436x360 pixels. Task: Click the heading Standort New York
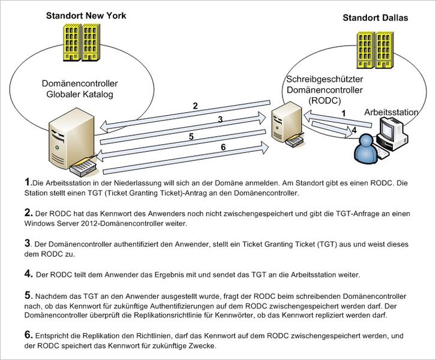click(x=86, y=16)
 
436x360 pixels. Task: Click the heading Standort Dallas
click(x=375, y=18)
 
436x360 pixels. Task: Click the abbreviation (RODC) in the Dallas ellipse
click(x=324, y=101)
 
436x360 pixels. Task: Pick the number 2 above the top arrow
click(x=195, y=106)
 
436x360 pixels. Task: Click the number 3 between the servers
click(x=220, y=120)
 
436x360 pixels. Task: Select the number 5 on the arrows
click(x=191, y=136)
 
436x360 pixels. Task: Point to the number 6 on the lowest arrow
click(x=223, y=148)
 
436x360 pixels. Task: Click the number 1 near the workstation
click(x=344, y=112)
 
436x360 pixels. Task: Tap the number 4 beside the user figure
click(x=354, y=129)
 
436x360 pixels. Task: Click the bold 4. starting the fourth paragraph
click(x=28, y=274)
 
